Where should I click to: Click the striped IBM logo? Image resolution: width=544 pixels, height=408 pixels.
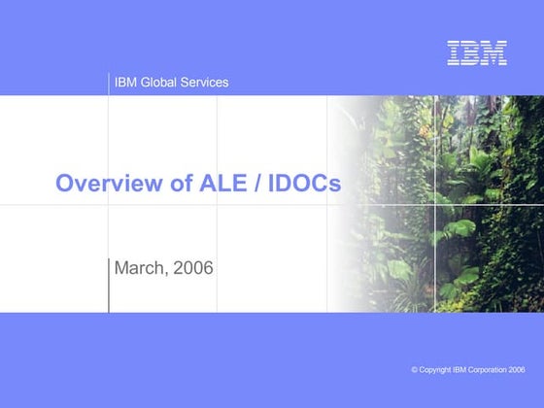tap(476, 53)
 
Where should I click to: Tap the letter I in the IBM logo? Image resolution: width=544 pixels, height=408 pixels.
tap(454, 53)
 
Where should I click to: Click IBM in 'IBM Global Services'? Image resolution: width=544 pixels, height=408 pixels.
tap(125, 83)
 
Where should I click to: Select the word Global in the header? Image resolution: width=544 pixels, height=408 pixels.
tap(159, 83)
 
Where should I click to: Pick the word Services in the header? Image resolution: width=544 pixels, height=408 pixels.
tap(206, 83)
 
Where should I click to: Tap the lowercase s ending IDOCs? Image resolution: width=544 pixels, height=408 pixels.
tap(335, 185)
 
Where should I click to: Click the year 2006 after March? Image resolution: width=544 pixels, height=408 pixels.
tap(192, 267)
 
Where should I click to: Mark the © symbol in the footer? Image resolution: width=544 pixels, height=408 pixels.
tap(415, 370)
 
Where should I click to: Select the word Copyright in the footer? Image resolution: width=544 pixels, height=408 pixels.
tap(437, 370)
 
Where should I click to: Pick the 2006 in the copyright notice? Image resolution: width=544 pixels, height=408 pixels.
tap(517, 370)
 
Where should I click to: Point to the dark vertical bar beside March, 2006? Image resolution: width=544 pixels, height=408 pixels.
tap(109, 286)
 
